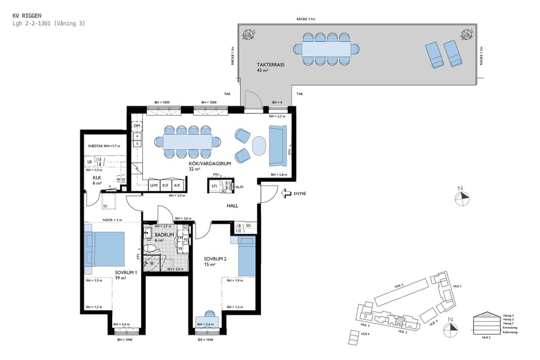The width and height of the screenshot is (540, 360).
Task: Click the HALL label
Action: pos(232,206)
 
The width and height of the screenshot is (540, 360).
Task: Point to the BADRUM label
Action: pos(164,235)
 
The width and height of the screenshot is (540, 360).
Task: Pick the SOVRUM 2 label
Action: pos(215,259)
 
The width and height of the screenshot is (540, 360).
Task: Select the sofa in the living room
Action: pos(277,146)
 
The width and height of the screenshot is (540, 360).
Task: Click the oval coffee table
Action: pos(258,145)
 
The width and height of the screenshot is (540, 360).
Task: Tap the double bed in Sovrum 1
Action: pos(107,249)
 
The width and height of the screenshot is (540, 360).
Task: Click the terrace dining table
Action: pos(326,48)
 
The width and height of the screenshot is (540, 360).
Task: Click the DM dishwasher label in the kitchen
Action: pos(137,125)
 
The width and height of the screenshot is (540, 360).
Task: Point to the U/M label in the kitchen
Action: pos(154,185)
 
